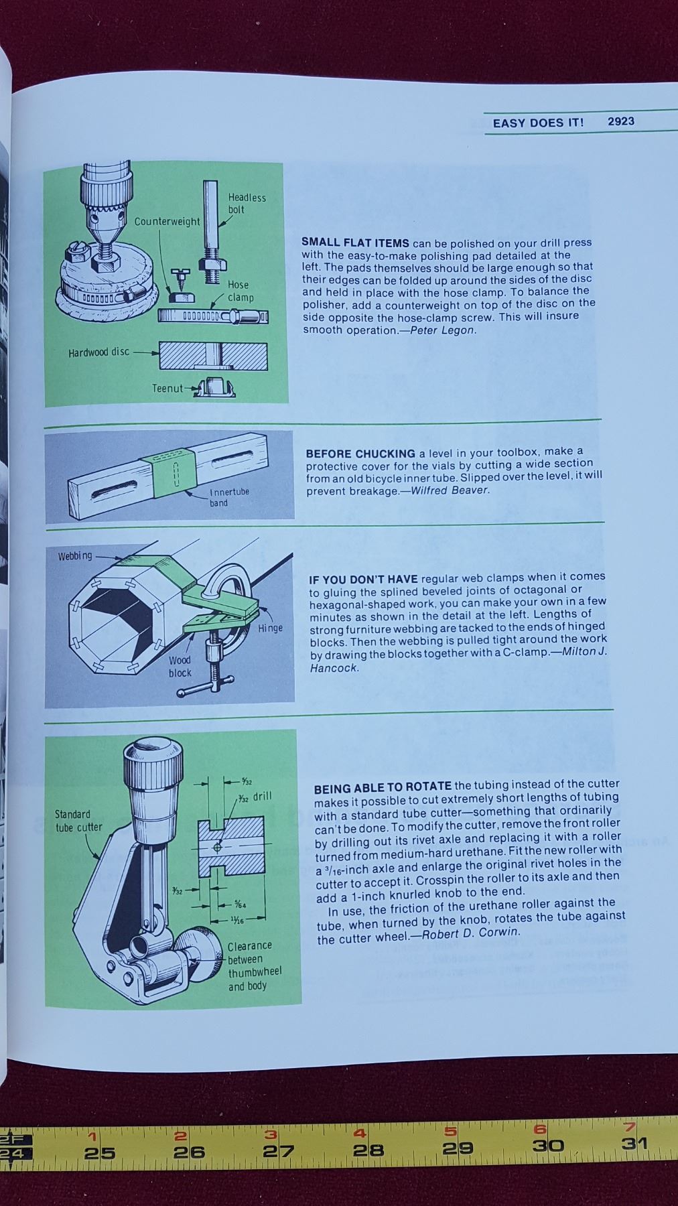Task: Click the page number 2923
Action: pos(620,121)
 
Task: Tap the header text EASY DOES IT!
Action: pos(538,123)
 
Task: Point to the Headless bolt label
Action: pos(247,203)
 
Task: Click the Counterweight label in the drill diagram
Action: pos(167,221)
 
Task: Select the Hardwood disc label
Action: pos(98,352)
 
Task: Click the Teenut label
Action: pos(167,388)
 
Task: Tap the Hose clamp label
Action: pos(241,291)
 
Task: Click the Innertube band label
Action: pos(229,497)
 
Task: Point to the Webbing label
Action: pos(75,556)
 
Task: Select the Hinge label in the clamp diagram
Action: pos(271,628)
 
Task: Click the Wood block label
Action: pos(180,666)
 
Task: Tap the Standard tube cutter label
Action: pos(78,821)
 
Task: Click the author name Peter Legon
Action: pos(443,330)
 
